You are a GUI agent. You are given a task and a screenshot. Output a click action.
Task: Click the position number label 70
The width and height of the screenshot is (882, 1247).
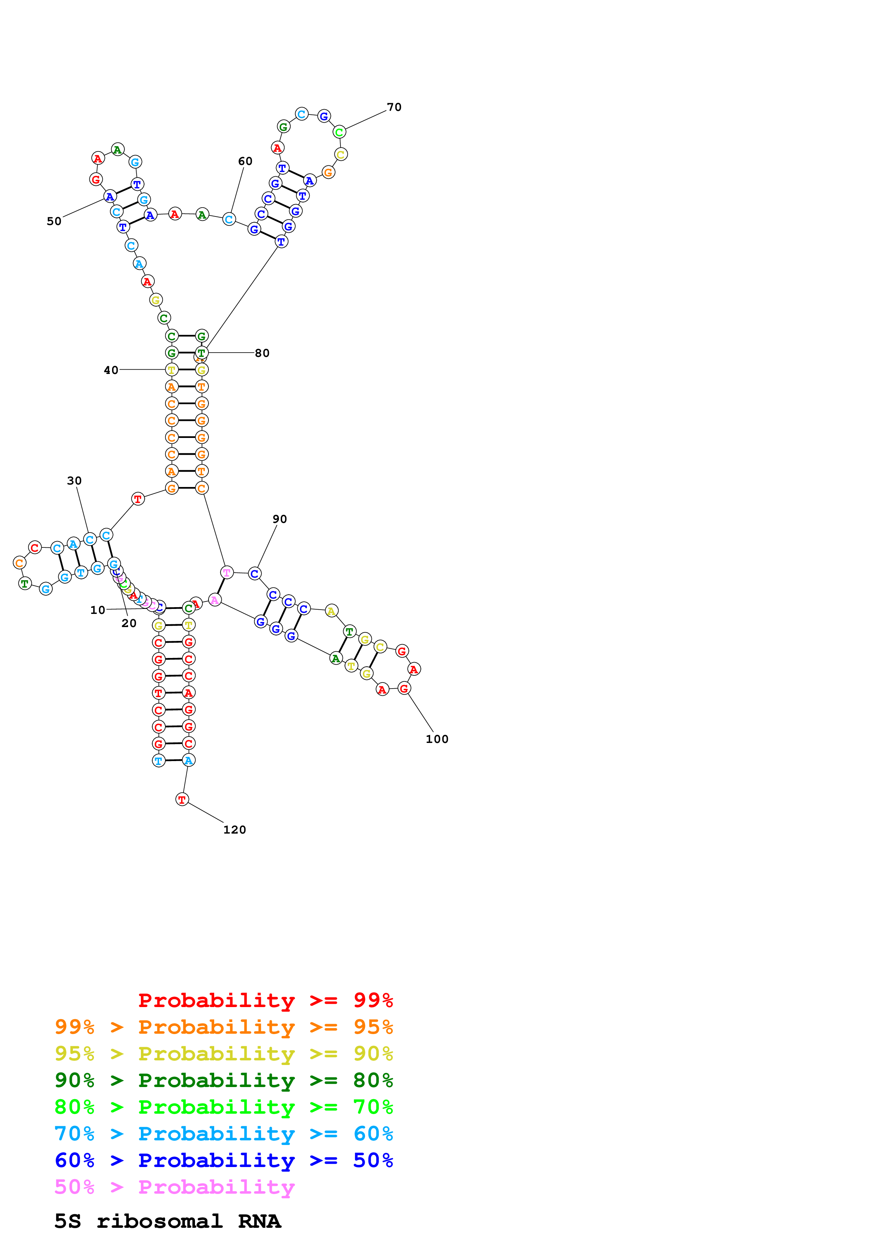click(x=394, y=107)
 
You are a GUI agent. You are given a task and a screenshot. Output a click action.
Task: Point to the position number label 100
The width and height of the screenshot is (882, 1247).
click(x=437, y=739)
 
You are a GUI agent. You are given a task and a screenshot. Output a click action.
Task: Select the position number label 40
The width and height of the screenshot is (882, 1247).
click(x=111, y=370)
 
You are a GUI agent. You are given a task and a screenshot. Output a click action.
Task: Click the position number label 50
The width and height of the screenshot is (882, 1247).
click(x=54, y=221)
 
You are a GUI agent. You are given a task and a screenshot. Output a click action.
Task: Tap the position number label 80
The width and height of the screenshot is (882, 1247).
click(x=262, y=353)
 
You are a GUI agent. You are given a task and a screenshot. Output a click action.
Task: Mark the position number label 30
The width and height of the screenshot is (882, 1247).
click(x=74, y=480)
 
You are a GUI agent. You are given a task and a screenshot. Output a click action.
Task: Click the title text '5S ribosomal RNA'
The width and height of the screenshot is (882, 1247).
click(x=167, y=1221)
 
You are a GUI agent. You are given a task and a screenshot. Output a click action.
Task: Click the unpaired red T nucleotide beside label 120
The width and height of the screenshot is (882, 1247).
click(x=182, y=799)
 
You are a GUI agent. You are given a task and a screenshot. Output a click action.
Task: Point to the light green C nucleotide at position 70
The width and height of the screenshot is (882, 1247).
click(x=339, y=132)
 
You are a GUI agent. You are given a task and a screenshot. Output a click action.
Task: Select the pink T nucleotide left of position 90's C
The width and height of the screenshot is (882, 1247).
click(x=227, y=572)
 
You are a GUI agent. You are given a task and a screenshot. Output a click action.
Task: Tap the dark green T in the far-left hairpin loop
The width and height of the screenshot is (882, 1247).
click(x=25, y=583)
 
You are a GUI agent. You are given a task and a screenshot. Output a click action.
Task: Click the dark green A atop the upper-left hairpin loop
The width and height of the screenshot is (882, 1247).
click(x=117, y=149)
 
